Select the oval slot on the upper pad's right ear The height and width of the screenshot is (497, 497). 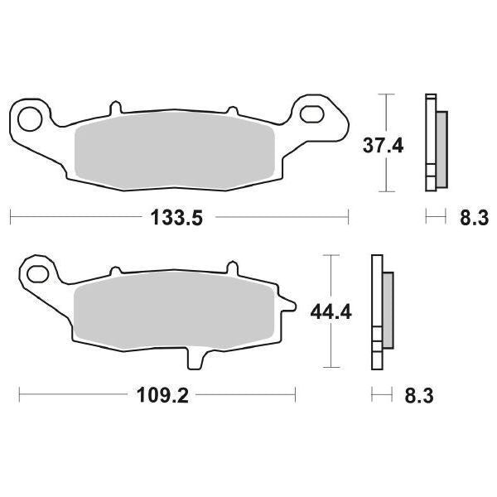(317, 113)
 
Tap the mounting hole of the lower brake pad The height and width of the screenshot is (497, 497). (36, 271)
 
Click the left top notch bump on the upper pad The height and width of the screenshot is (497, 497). (115, 108)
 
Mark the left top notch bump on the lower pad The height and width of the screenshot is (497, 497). (115, 271)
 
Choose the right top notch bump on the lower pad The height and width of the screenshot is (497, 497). (231, 271)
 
